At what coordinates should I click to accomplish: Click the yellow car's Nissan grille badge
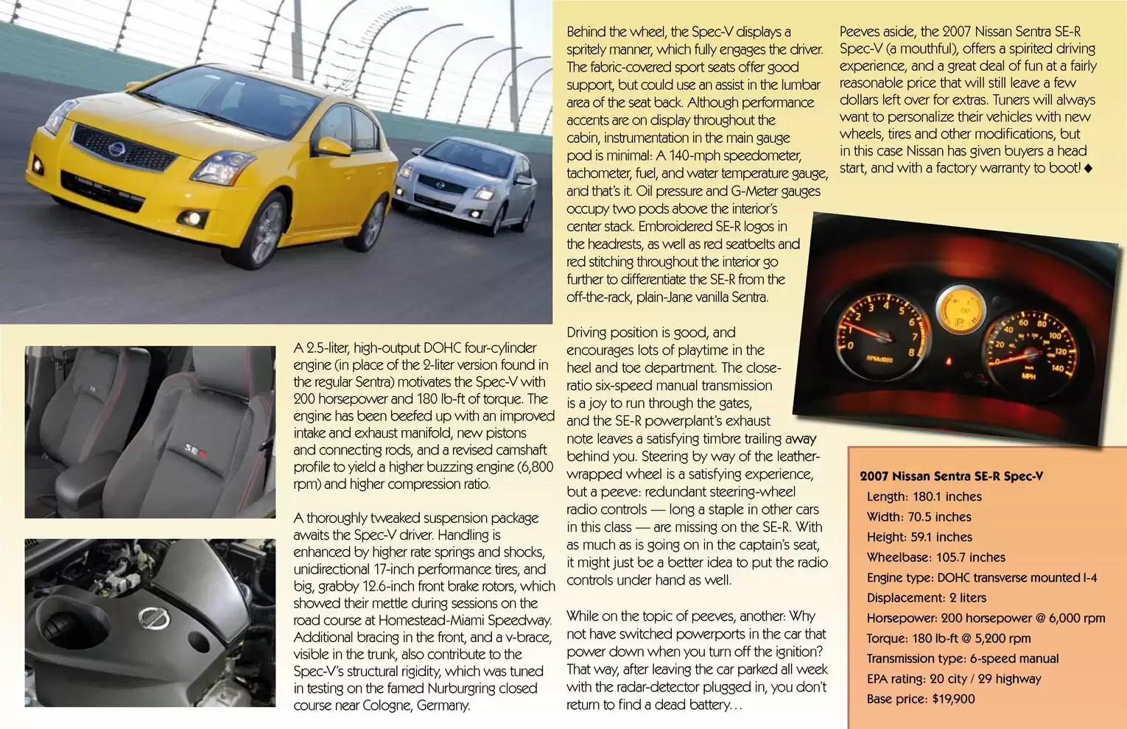click(116, 150)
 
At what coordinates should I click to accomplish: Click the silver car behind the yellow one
click(464, 184)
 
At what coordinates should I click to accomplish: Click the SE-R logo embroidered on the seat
click(194, 448)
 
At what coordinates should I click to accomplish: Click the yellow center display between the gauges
click(958, 313)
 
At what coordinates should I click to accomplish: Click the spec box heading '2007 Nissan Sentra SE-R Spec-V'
click(951, 476)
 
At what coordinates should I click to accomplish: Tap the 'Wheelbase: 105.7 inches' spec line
click(935, 557)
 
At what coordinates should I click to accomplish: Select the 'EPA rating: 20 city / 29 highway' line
click(953, 679)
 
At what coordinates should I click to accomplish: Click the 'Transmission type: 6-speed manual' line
click(962, 658)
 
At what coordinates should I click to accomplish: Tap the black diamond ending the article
click(1089, 169)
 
